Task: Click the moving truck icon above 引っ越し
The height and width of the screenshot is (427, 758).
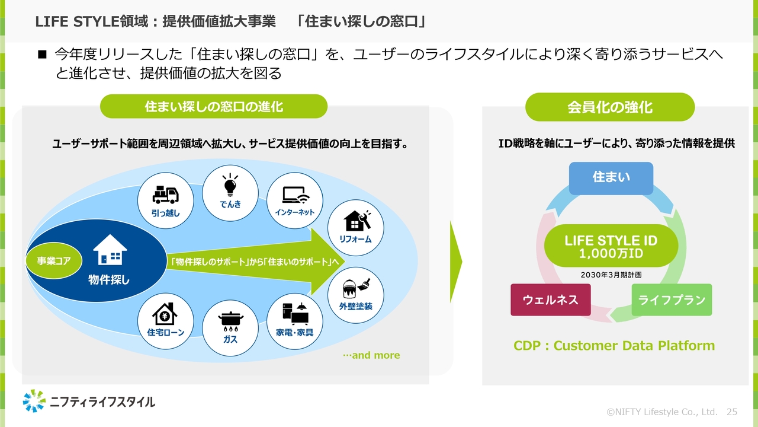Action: coord(165,194)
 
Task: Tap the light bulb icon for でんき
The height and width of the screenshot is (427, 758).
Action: coord(230,185)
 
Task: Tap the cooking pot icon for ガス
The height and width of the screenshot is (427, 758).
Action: coord(230,321)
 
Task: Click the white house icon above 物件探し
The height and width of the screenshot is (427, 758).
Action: coord(110,250)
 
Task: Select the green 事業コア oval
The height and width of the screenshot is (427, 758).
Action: coord(54,260)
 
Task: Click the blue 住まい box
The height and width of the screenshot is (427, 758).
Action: coord(611,178)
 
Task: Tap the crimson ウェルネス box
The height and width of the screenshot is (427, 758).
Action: coord(550,299)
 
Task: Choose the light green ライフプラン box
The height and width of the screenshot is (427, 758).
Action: coord(672,299)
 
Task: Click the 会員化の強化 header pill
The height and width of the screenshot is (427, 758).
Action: coord(610,107)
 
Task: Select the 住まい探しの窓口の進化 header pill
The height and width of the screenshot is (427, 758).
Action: coord(214,107)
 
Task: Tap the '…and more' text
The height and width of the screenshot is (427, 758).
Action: coord(371,356)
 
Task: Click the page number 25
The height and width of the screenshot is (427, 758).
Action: coord(731,412)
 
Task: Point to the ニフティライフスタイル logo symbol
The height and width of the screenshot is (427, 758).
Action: coord(34,401)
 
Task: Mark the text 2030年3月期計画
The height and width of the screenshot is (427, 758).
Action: coord(611,275)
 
